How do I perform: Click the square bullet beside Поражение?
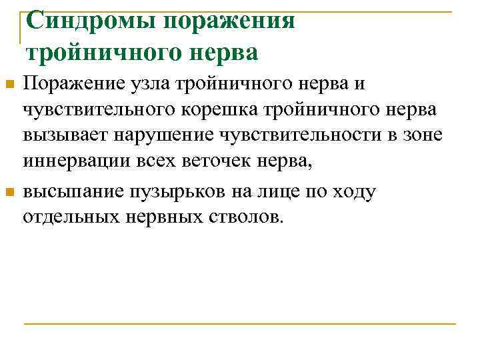pyautogui.click(x=9, y=85)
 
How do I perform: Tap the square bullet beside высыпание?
pyautogui.click(x=9, y=193)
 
